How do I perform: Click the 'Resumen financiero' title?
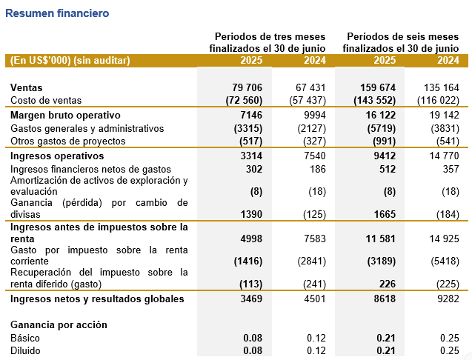click(x=57, y=13)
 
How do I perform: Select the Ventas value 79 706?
click(x=247, y=87)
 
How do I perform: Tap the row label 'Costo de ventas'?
click(x=46, y=100)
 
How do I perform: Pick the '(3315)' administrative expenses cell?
click(x=248, y=129)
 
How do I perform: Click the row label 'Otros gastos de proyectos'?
click(x=67, y=141)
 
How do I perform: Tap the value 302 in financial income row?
click(x=254, y=169)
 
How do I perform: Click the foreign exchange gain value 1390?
click(x=251, y=214)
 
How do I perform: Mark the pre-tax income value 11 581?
click(x=381, y=239)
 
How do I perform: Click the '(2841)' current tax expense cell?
click(x=311, y=261)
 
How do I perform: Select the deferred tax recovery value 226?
click(x=388, y=284)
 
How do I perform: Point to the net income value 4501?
click(x=315, y=299)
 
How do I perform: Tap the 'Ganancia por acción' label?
click(x=59, y=325)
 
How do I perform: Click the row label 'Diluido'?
click(x=25, y=351)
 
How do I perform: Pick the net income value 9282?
click(x=448, y=299)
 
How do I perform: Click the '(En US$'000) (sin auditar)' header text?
click(x=70, y=61)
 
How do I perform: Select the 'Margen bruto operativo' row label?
click(x=65, y=115)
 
